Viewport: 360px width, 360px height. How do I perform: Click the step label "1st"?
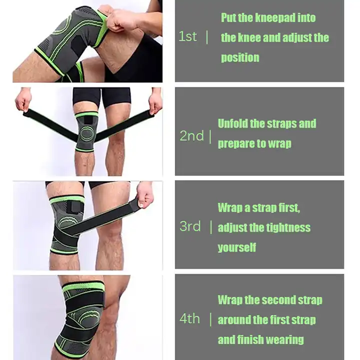coord(187,36)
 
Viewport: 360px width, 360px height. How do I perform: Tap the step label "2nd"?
coord(191,135)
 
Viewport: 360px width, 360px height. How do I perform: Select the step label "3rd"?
coord(190,226)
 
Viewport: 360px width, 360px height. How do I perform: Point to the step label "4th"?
coord(189,318)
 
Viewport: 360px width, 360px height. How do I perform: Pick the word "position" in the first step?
coord(240,57)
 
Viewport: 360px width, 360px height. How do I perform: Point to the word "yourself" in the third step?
coord(236,247)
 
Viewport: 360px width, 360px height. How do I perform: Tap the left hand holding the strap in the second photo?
coord(23,101)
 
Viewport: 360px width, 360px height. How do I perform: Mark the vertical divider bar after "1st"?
coord(207,37)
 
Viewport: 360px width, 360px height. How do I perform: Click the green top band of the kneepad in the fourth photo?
coord(83,287)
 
